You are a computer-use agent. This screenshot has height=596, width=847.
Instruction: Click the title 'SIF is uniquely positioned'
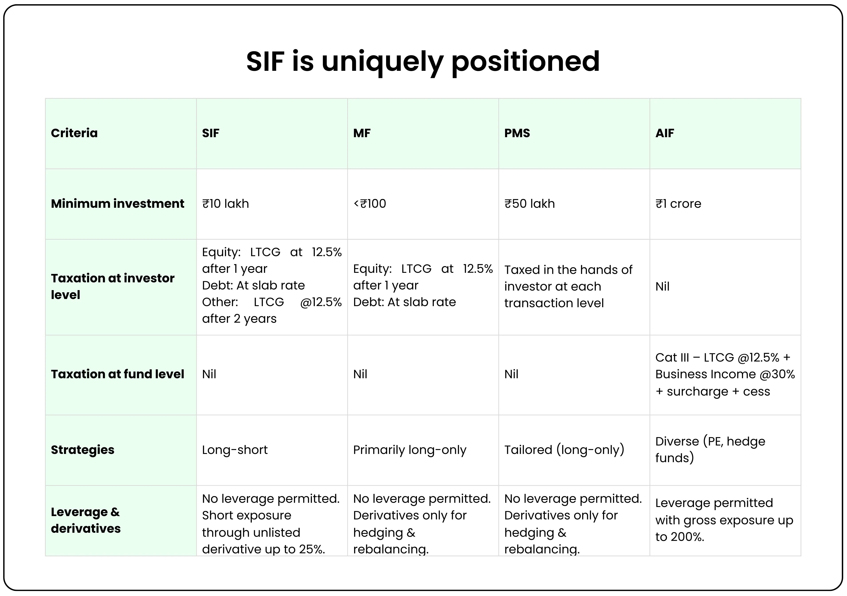[423, 61]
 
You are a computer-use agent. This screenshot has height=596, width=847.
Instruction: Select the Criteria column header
[74, 133]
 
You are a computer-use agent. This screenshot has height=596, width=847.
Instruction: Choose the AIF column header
[665, 133]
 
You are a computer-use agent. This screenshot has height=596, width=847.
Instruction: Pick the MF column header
[361, 133]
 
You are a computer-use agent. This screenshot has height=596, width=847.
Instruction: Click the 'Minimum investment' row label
[117, 204]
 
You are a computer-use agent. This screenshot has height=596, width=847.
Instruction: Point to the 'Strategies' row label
[83, 450]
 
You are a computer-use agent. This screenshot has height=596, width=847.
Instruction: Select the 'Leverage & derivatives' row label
[85, 520]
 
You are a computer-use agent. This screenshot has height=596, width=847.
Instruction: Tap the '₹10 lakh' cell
[225, 204]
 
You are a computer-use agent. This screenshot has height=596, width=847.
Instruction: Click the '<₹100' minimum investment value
[370, 204]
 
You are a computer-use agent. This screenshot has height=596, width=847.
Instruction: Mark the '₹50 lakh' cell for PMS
[529, 204]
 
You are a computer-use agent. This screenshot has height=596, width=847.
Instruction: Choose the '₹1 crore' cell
[678, 204]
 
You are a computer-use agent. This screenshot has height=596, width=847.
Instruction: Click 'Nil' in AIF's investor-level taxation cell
[662, 287]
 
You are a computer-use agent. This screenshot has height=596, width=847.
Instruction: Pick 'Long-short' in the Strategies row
[235, 450]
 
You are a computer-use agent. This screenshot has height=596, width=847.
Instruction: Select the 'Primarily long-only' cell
[409, 450]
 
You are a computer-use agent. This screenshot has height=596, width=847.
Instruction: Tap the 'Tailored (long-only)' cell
[564, 450]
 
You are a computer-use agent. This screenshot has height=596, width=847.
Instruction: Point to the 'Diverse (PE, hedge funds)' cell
[710, 449]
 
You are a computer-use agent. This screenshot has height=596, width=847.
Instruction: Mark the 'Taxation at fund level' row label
[117, 374]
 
